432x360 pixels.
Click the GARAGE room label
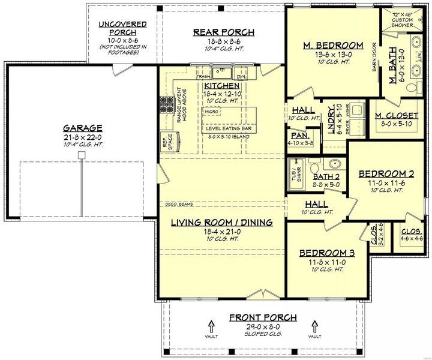(x=82, y=128)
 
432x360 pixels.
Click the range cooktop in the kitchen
(x=166, y=107)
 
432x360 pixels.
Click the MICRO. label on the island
(x=211, y=112)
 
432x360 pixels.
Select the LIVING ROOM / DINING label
(x=222, y=222)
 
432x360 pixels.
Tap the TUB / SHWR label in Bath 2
(x=295, y=173)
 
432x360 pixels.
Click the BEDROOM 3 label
(x=326, y=253)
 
